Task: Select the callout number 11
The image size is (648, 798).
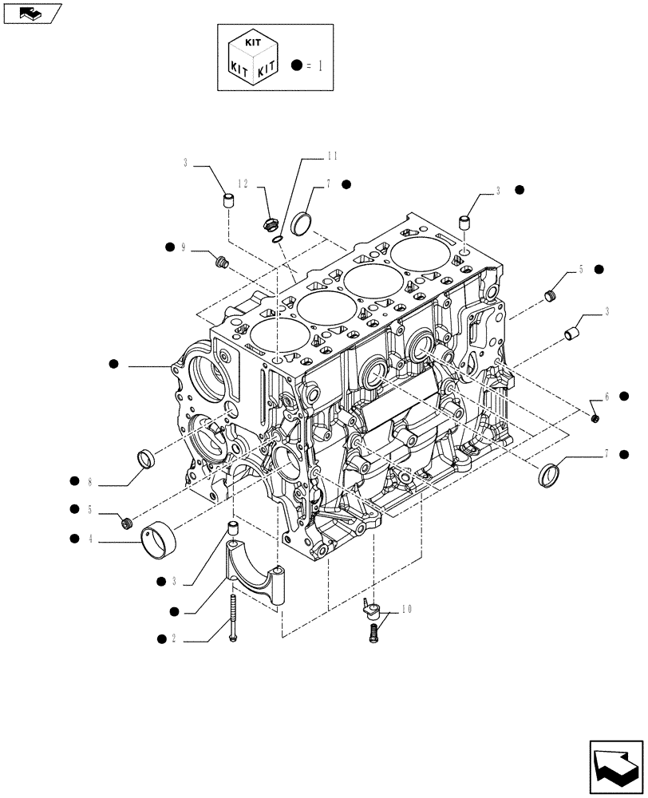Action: pos(310,157)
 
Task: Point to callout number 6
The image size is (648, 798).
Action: pos(607,397)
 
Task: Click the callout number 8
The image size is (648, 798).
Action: pos(90,481)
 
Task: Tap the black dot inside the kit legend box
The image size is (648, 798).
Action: pos(298,65)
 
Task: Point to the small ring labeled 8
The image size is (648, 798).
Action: pos(146,459)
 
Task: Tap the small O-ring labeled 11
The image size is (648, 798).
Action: pos(276,235)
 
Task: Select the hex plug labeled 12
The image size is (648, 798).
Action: pos(269,223)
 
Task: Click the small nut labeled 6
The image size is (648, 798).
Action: pos(596,417)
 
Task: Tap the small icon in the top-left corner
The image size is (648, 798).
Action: pos(31,13)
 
